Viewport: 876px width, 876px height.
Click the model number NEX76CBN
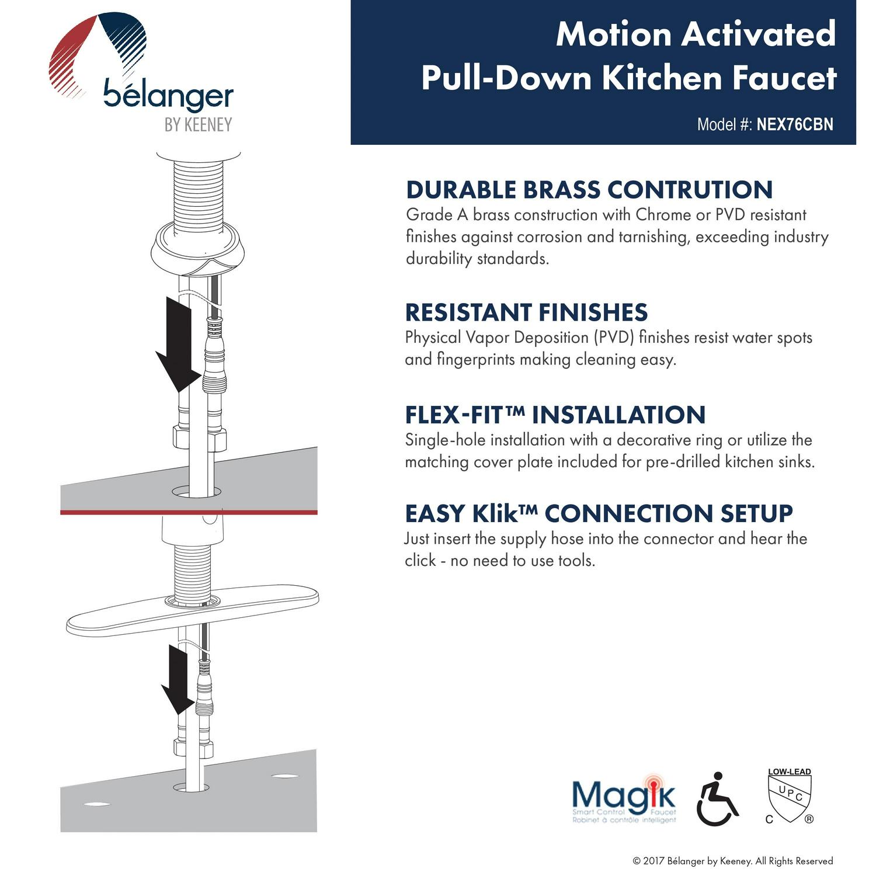(794, 124)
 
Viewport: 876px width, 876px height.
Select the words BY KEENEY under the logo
(198, 125)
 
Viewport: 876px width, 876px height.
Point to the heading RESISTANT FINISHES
(526, 312)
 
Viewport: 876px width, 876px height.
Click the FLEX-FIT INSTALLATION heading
(555, 415)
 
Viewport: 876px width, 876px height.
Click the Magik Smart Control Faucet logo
(624, 799)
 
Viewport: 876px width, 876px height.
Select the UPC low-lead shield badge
(790, 796)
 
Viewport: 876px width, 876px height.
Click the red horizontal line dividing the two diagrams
(189, 512)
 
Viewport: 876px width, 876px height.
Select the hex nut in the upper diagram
(199, 437)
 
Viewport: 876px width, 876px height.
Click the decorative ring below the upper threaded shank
(199, 250)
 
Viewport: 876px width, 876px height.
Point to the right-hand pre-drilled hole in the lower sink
(284, 776)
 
